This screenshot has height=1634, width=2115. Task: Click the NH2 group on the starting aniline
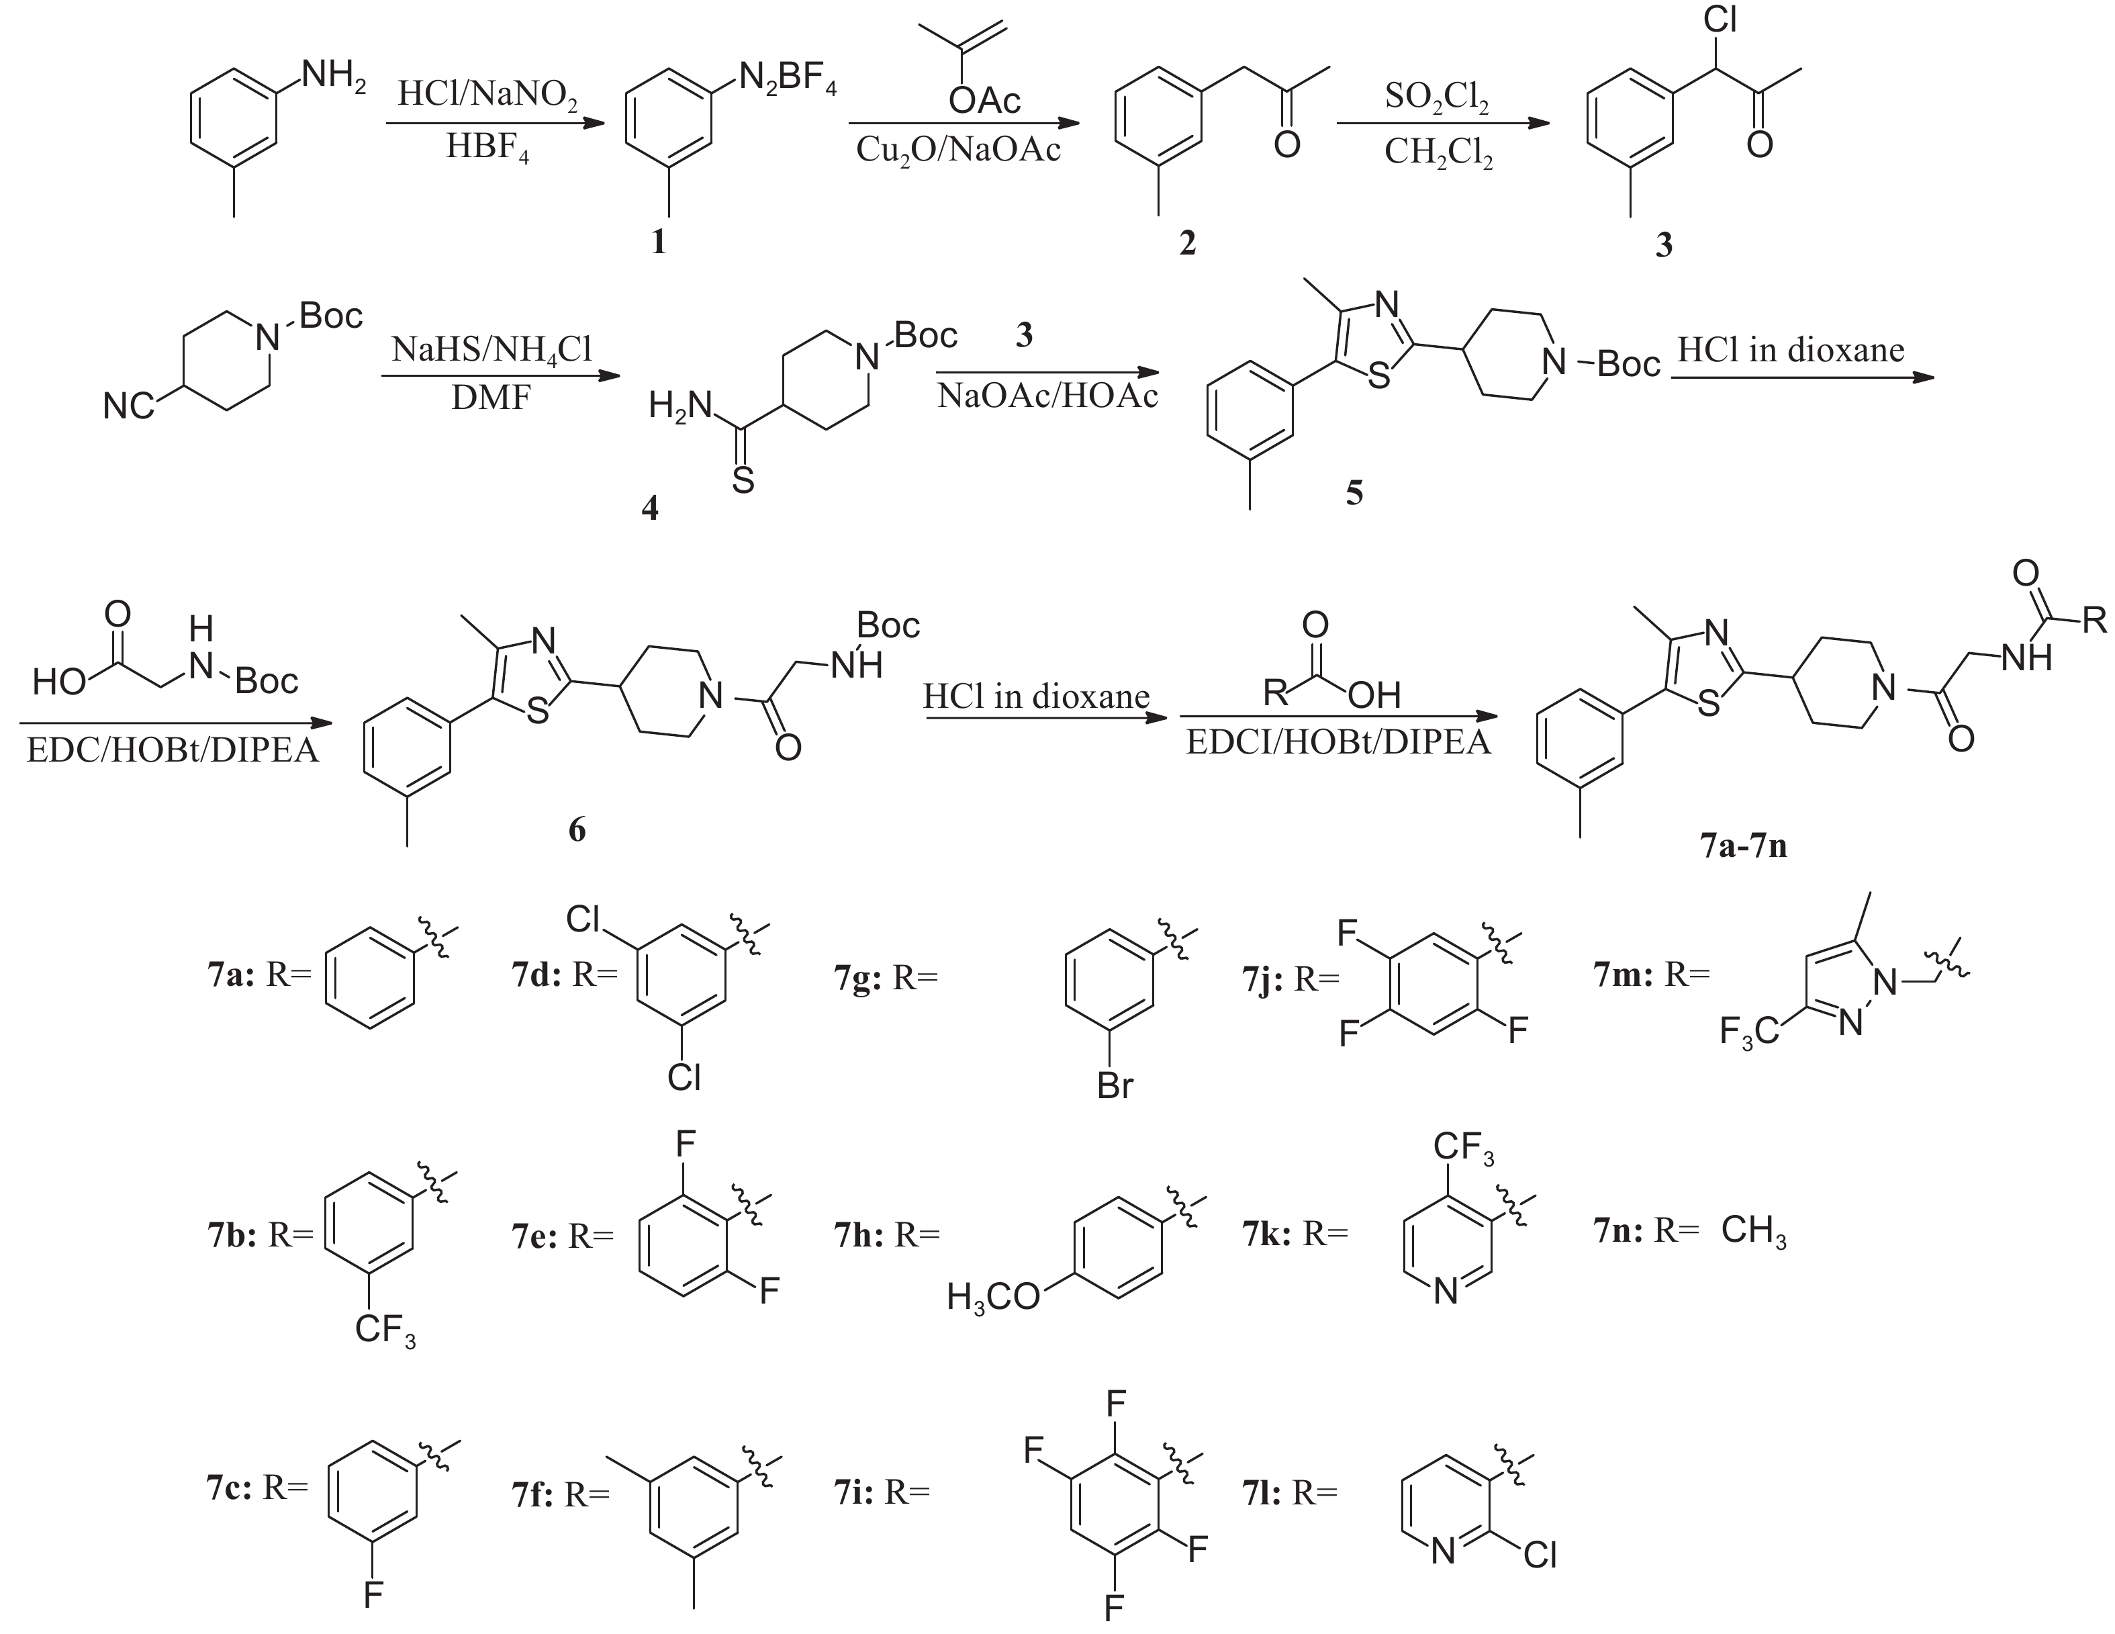333,75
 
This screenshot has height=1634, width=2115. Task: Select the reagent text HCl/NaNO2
488,96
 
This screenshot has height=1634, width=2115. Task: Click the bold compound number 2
1187,242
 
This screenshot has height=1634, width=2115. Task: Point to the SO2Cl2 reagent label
1437,98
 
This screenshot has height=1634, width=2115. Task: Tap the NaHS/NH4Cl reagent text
491,350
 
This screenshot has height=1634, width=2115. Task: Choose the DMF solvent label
491,398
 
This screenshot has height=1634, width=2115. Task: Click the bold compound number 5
1354,493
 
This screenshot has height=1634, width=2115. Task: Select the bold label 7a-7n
1743,846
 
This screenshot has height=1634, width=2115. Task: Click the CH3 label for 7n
1754,1231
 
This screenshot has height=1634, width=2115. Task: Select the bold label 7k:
1267,1233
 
